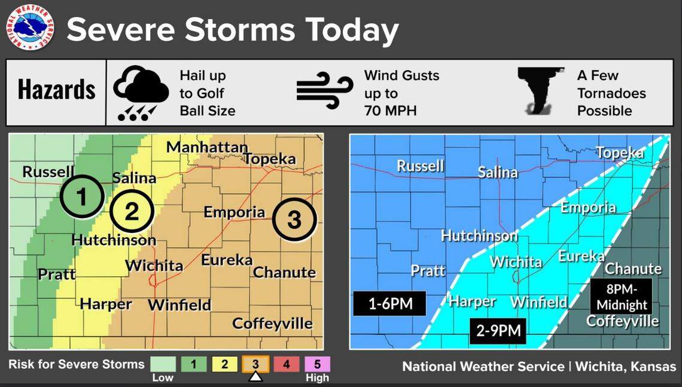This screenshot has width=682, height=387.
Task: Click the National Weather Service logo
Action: pos(30,28)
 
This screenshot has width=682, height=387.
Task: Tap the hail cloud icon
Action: pos(141,93)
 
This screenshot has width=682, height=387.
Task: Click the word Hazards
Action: pos(56,90)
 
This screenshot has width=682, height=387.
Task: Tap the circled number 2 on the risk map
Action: pos(132,211)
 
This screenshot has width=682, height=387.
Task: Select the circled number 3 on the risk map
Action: pos(294,219)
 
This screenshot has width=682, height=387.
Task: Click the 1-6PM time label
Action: pos(389,303)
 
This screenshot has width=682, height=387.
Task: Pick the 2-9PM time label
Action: pos(498,330)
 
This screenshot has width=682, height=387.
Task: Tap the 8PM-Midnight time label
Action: pos(622,296)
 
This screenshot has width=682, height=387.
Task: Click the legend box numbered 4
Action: pos(286,364)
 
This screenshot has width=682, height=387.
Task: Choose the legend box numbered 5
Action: pos(317,364)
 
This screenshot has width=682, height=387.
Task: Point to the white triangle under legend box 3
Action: pos(255,377)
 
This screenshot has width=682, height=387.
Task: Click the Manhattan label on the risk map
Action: pos(206,147)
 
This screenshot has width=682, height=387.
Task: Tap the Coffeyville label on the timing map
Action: pos(622,321)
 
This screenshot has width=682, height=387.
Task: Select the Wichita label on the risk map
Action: pos(154,265)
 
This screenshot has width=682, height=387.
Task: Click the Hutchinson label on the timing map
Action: pos(479,235)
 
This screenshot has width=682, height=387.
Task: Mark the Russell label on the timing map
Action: pos(421,166)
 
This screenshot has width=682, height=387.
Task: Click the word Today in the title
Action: pos(351,29)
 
